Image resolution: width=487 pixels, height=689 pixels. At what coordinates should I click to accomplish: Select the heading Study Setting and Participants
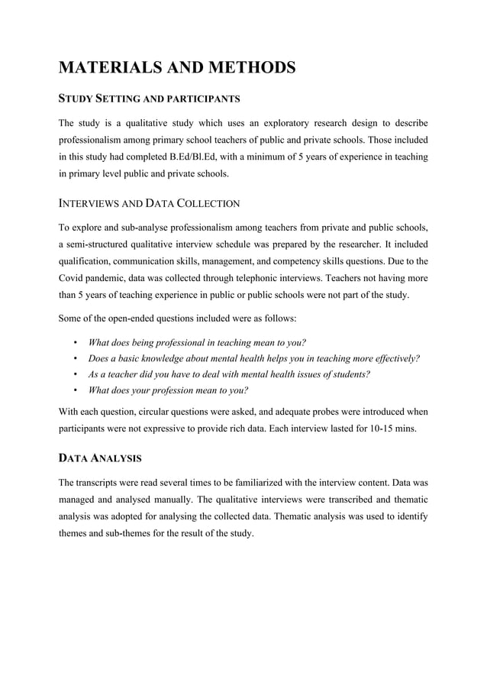(x=150, y=99)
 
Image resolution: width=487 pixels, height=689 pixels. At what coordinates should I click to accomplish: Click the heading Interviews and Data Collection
(x=150, y=203)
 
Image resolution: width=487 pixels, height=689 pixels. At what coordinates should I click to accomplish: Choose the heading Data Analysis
(x=100, y=458)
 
